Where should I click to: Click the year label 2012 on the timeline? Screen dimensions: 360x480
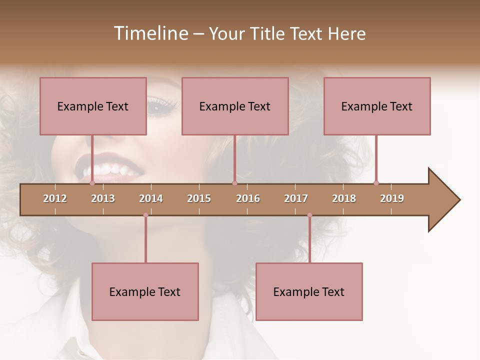point(55,198)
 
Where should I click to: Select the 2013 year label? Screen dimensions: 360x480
point(103,198)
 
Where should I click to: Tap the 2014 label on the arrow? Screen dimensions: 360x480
point(151,198)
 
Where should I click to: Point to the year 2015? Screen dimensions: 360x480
point(199,198)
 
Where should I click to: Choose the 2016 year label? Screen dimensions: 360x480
point(248,198)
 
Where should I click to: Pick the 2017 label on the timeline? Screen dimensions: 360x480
point(296,198)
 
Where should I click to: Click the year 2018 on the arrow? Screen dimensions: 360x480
point(344,198)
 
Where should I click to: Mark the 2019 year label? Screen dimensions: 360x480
point(392,198)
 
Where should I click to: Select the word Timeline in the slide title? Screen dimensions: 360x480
point(150,33)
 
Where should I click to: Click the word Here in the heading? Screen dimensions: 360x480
point(346,33)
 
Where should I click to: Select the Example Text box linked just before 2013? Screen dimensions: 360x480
point(93,106)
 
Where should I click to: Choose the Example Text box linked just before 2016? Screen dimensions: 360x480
point(235,106)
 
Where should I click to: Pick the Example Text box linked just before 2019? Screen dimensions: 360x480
point(377,106)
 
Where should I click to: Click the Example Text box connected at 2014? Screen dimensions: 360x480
point(145,291)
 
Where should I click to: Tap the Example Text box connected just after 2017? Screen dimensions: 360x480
point(309,291)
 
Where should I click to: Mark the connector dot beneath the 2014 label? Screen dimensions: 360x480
point(145,215)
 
